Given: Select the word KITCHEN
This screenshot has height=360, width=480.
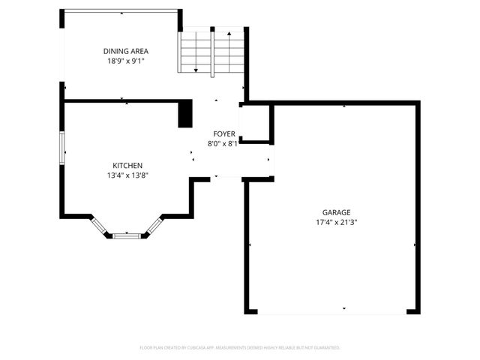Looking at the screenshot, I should coord(127,166).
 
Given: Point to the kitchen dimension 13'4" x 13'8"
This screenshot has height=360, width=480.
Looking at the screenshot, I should coord(127,175).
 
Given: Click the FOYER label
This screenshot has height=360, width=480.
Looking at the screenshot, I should coord(223,134).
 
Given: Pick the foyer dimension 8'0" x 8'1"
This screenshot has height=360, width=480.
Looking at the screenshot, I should coord(223,144).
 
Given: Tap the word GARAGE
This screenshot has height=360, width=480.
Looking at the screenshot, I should coord(337,212).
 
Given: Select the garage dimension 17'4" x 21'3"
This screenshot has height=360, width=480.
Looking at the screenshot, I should coord(337,222).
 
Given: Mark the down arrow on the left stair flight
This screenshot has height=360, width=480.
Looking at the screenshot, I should coord(196,70).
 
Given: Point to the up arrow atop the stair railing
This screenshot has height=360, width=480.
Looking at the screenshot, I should coord(228,34).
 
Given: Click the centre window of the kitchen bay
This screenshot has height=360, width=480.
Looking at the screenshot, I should coord(127,235).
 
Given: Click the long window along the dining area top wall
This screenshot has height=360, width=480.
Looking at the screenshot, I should coord(121,10).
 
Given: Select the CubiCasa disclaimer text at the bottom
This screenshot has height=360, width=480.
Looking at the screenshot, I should coord(240,348).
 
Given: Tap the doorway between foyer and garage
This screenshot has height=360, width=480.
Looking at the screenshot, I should coord(271,159).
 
